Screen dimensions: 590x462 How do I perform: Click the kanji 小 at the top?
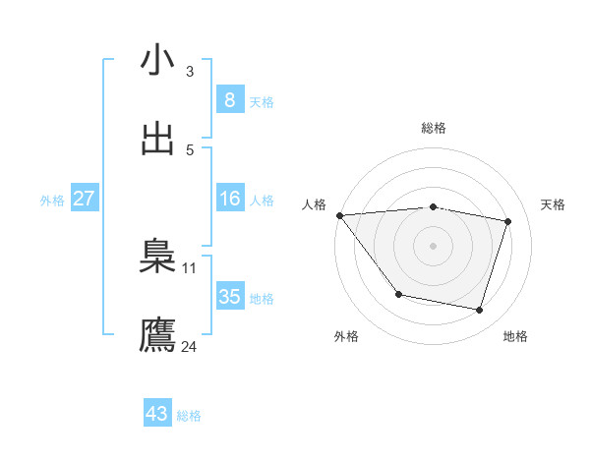pyautogui.click(x=157, y=61)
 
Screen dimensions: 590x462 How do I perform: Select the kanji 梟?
pyautogui.click(x=157, y=258)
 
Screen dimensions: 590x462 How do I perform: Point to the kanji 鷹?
pyautogui.click(x=157, y=335)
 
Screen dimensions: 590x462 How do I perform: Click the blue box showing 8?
pyautogui.click(x=229, y=100)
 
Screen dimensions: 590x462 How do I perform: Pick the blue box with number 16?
pyautogui.click(x=229, y=199)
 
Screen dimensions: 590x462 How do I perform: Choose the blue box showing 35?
pyautogui.click(x=229, y=297)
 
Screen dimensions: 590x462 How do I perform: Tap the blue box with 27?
pyautogui.click(x=84, y=199)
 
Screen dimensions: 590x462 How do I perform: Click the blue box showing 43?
pyautogui.click(x=157, y=414)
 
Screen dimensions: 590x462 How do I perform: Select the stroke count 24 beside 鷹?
pyautogui.click(x=189, y=346)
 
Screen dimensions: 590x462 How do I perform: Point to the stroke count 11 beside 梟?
pyautogui.click(x=189, y=267)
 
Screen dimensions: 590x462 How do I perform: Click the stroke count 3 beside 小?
pyautogui.click(x=189, y=71)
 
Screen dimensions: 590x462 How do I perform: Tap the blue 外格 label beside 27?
pyautogui.click(x=52, y=200)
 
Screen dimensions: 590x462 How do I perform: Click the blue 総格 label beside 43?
pyautogui.click(x=189, y=416)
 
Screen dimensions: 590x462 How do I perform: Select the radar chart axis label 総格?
pyautogui.click(x=434, y=128)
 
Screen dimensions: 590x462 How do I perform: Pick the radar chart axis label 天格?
pyautogui.click(x=554, y=204)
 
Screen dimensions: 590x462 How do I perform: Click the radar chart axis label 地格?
pyautogui.click(x=515, y=336)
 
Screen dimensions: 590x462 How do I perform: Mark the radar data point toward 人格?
pyautogui.click(x=339, y=215)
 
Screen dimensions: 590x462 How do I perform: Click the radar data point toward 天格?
pyautogui.click(x=508, y=221)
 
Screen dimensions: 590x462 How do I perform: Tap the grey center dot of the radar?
pyautogui.click(x=434, y=246)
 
